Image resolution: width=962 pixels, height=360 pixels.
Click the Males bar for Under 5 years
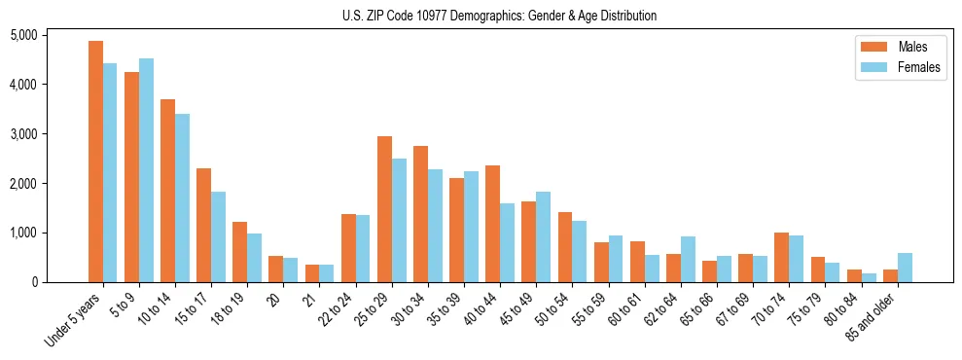pyautogui.click(x=95, y=162)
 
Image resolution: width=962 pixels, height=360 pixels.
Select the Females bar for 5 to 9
pyautogui.click(x=146, y=170)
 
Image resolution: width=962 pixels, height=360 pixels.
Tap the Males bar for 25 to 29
pyautogui.click(x=384, y=209)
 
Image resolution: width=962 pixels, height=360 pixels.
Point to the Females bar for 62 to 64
pyautogui.click(x=688, y=259)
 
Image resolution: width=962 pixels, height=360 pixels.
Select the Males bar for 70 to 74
pyautogui.click(x=781, y=258)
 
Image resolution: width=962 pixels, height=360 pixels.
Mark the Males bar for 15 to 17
pyautogui.click(x=203, y=226)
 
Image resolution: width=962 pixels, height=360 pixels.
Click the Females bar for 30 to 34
pyautogui.click(x=435, y=226)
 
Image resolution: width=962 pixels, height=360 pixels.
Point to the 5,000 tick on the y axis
pyautogui.click(x=51, y=35)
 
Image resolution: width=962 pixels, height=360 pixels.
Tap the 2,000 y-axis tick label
pyautogui.click(x=51, y=183)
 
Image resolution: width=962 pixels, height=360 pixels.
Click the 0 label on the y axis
pyautogui.click(x=60, y=282)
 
